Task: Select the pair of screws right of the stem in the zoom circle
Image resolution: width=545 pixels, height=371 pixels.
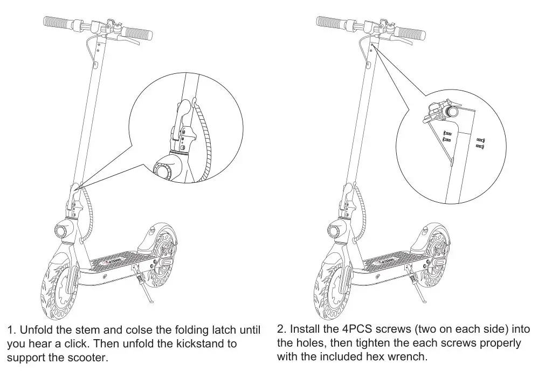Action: pyautogui.click(x=481, y=142)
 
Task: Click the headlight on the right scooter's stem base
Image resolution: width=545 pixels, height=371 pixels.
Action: pyautogui.click(x=333, y=230)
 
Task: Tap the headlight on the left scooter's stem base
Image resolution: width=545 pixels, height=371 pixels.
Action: pyautogui.click(x=60, y=230)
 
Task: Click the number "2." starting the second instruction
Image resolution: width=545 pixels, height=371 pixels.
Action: pyautogui.click(x=282, y=329)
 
